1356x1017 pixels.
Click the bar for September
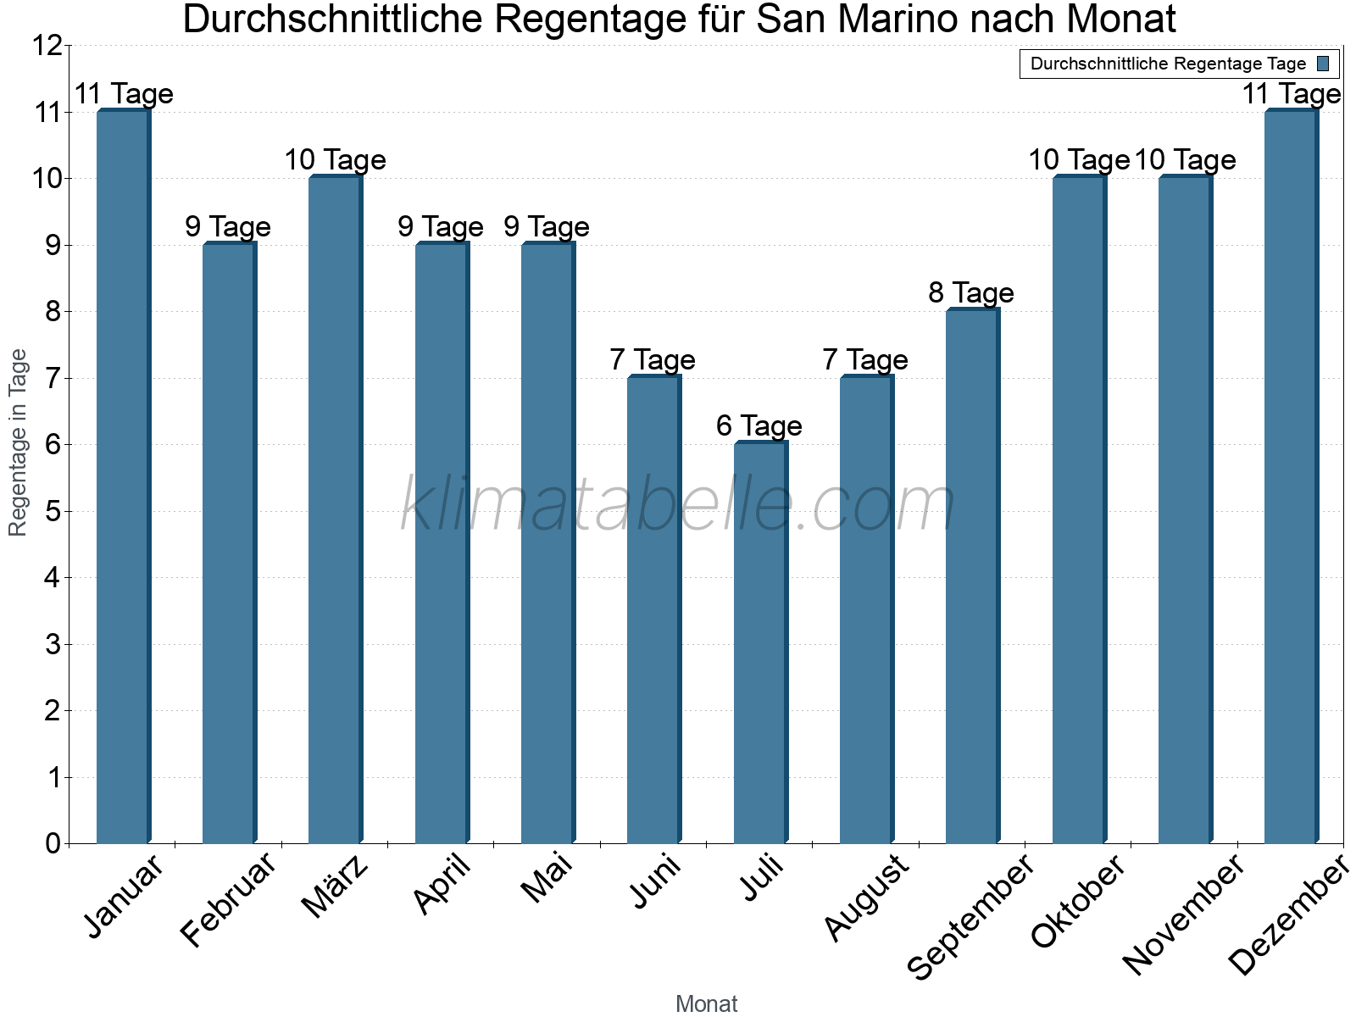tap(971, 576)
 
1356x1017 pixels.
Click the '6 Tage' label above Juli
tap(759, 425)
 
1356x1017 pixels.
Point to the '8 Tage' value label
tap(971, 293)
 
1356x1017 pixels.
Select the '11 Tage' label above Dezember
tap(1291, 94)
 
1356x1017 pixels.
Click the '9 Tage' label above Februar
tap(228, 227)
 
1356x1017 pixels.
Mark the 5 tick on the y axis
tap(53, 512)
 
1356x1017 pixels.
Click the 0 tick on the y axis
tap(53, 843)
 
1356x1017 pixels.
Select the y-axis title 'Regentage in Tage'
tap(18, 442)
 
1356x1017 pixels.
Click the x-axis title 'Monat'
tap(706, 1003)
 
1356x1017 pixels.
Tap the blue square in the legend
tap(1323, 64)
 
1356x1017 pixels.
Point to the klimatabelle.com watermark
tap(678, 505)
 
